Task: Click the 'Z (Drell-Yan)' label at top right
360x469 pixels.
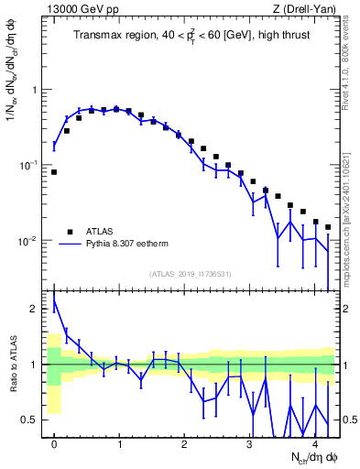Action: click(x=302, y=10)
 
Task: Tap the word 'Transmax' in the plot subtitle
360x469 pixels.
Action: click(x=99, y=37)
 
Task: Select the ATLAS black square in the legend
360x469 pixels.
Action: click(x=69, y=232)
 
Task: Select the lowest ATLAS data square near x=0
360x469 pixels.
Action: click(x=54, y=171)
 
